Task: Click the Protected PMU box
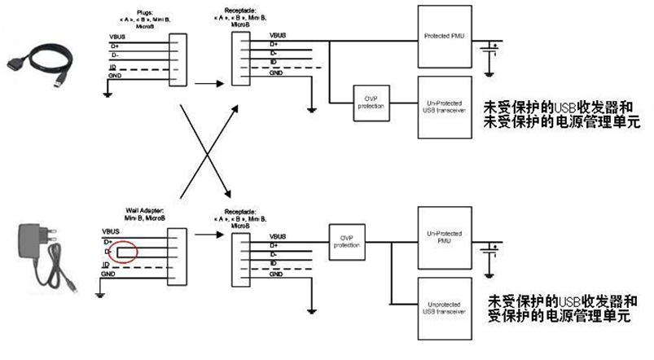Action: click(x=444, y=37)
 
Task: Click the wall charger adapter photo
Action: click(x=48, y=248)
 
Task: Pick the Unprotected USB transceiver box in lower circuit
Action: click(x=444, y=309)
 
